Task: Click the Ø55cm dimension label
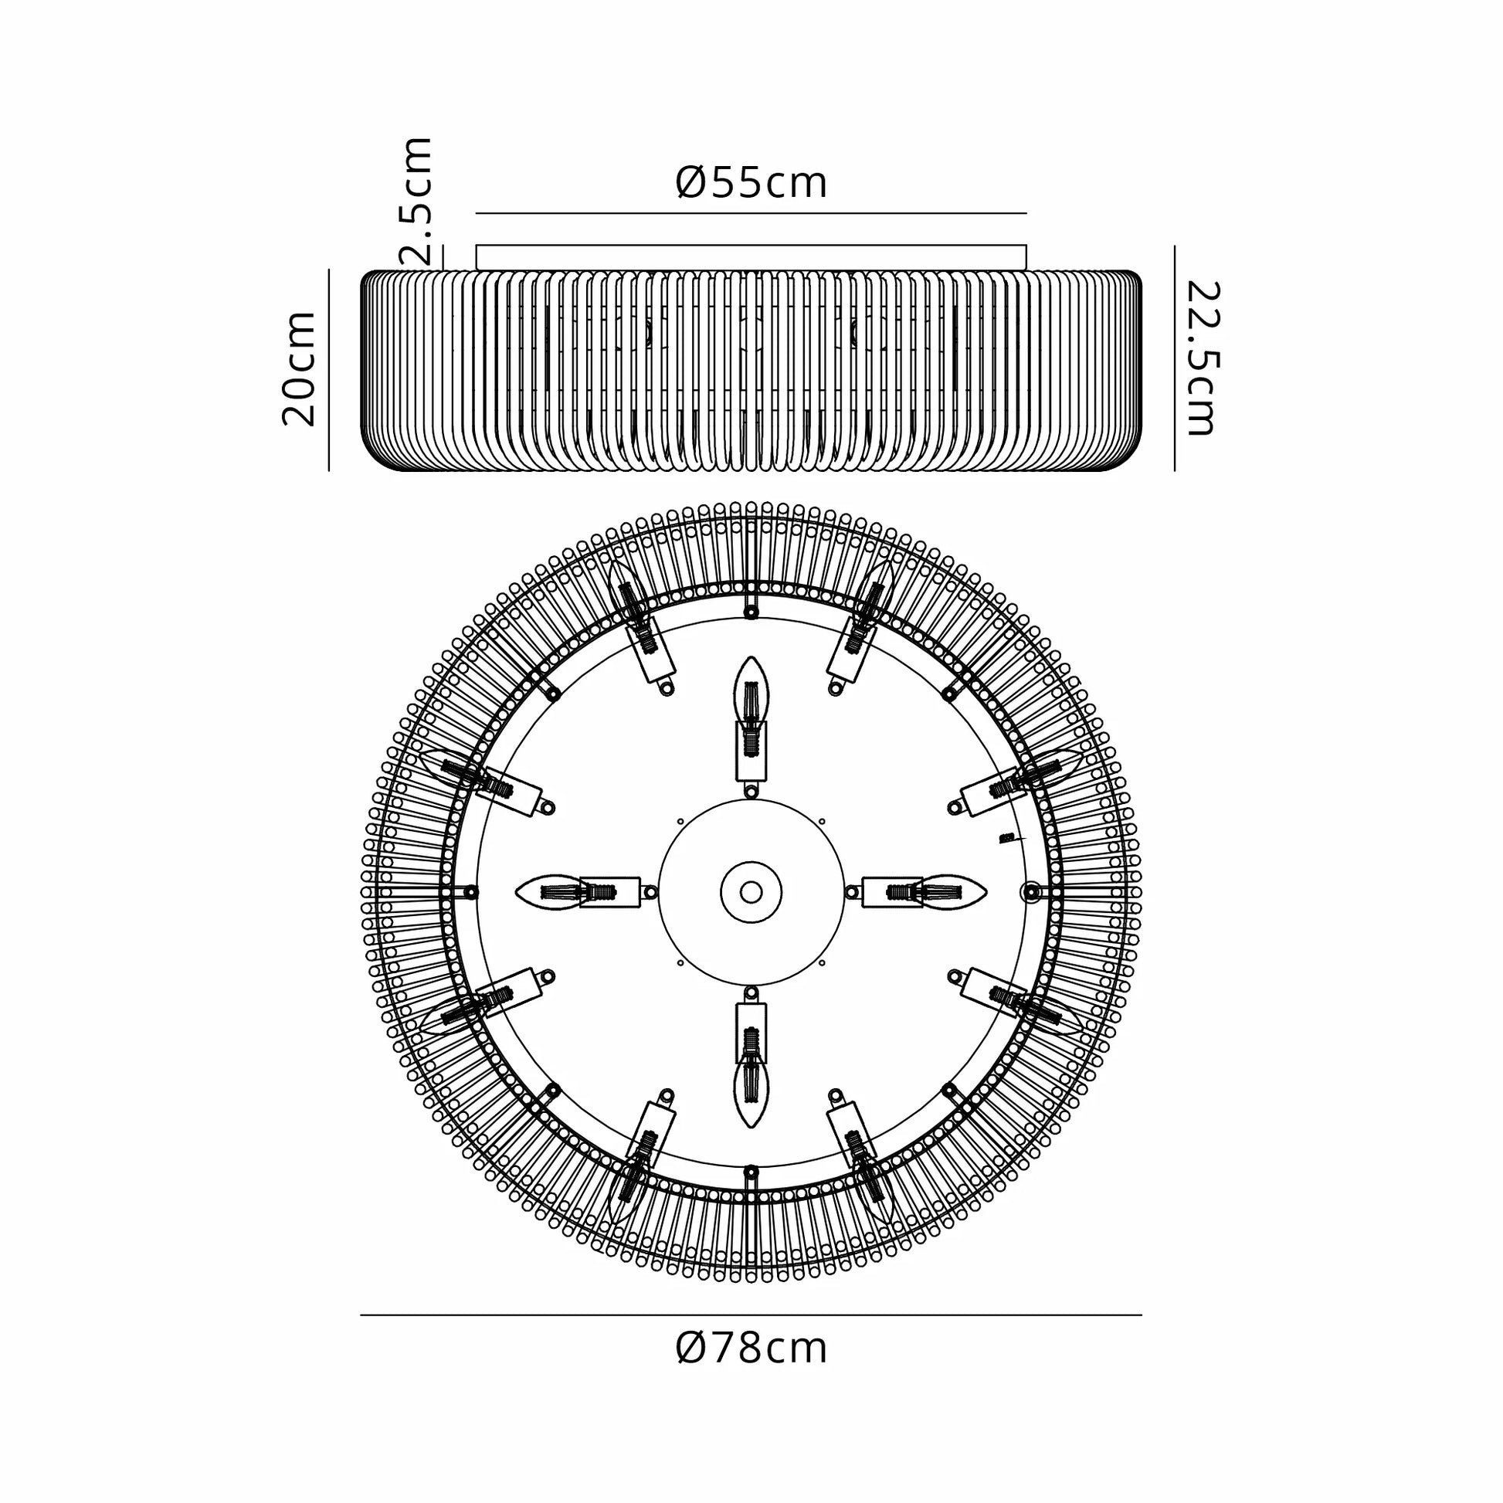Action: [751, 183]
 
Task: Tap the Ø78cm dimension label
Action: [751, 1349]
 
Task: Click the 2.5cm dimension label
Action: [415, 202]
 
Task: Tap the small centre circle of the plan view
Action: [751, 891]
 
